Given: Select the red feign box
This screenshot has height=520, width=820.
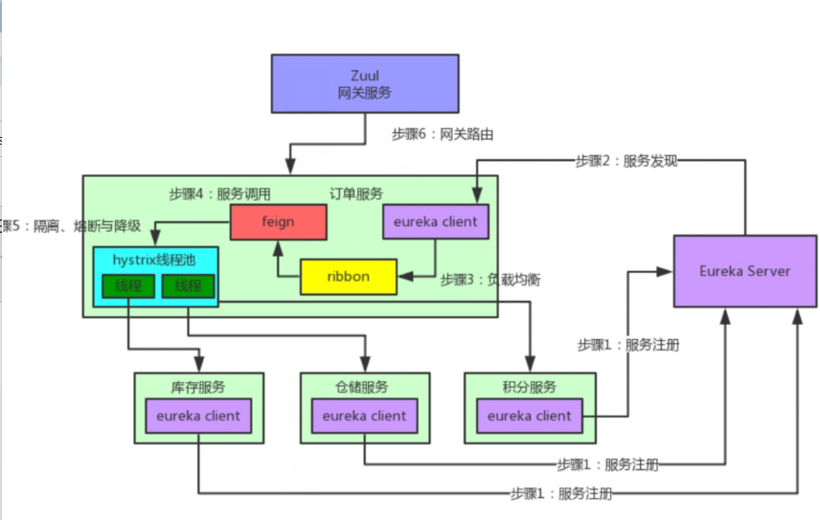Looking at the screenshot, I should point(279,222).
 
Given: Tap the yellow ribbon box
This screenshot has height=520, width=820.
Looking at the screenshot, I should point(348,276).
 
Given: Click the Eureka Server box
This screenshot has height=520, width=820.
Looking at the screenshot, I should point(744,271).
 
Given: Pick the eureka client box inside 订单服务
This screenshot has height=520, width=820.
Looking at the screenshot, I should point(435,222).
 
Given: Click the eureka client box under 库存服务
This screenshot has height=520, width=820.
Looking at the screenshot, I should point(198,416).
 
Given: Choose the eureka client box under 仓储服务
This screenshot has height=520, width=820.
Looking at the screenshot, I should point(364,416).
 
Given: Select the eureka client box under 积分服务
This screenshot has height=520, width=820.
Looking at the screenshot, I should point(529,416).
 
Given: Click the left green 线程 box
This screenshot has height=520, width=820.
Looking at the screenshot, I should point(128,285).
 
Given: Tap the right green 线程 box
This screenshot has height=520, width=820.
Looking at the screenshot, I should point(188,285).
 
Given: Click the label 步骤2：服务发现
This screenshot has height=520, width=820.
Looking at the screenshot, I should point(626,161).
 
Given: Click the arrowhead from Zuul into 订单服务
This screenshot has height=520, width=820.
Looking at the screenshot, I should point(290,168).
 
